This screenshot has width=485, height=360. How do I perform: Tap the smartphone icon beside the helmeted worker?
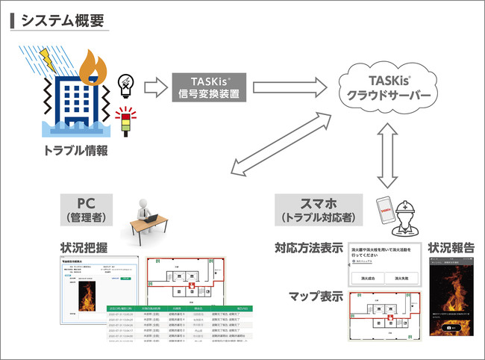383,211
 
